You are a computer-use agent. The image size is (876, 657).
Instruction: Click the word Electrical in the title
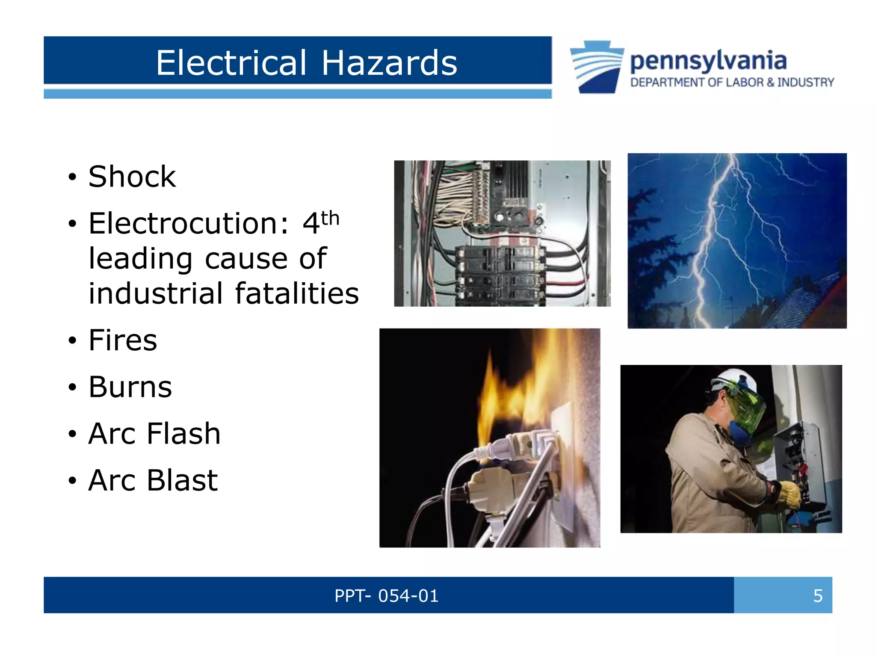231,63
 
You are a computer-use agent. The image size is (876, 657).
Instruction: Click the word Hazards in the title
389,63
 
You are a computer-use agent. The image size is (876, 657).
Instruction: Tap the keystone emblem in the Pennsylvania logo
597,67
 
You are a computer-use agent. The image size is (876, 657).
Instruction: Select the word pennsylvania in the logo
708,61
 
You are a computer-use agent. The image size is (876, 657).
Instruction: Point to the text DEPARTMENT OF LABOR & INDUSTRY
732,82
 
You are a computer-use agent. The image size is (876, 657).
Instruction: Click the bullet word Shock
132,176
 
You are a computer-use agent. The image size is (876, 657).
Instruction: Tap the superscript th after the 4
330,218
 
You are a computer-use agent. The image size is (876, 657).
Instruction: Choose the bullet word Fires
123,340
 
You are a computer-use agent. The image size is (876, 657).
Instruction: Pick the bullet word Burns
130,387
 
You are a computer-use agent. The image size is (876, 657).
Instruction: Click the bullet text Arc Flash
154,433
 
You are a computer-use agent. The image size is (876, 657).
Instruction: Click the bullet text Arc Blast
153,480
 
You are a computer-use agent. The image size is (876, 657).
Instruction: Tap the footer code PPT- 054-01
386,595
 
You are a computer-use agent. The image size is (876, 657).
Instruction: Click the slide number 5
817,595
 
